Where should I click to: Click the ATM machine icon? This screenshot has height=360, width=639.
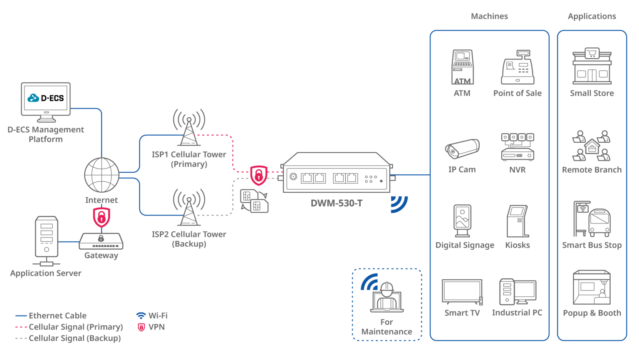(462, 67)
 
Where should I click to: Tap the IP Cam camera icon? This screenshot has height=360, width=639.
(462, 148)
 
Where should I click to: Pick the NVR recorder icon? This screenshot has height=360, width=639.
(518, 147)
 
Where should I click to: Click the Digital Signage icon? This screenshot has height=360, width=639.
(463, 221)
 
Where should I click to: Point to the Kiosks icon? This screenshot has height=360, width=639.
(518, 221)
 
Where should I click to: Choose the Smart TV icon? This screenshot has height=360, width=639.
(462, 292)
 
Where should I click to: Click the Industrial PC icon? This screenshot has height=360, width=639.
(518, 292)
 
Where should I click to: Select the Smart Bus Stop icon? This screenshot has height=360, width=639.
(592, 219)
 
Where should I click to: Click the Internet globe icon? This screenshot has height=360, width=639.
(102, 175)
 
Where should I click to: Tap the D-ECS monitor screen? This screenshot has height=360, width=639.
(46, 99)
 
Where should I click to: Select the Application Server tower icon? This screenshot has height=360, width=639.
(46, 239)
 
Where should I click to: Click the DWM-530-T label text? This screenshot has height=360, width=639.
(337, 204)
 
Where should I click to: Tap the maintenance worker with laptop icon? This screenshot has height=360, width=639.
(387, 298)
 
